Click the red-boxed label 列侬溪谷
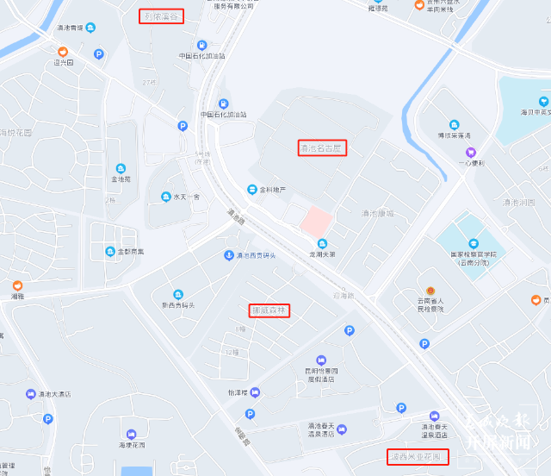click(162, 16)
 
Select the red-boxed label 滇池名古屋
click(322, 147)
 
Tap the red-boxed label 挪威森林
click(269, 310)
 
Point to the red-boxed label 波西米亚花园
click(418, 455)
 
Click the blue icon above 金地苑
click(121, 167)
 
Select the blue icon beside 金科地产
click(252, 189)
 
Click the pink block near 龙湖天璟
click(313, 219)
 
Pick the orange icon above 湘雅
click(16, 285)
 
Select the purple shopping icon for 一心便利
click(471, 152)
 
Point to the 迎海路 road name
click(344, 296)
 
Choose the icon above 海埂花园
click(131, 434)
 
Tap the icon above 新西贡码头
click(178, 294)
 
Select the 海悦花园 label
click(15, 133)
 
